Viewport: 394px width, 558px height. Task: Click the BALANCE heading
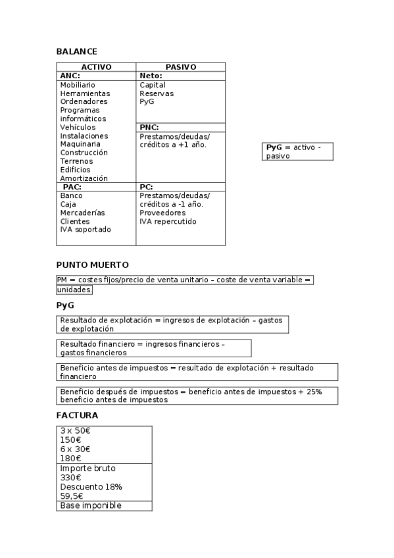[76, 51]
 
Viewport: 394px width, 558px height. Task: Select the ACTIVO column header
[96, 67]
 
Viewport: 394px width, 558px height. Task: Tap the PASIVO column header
[180, 67]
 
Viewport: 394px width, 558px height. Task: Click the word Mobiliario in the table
[78, 85]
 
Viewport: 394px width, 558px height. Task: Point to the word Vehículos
[78, 127]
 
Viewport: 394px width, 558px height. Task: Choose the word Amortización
[84, 178]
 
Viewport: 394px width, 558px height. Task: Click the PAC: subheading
[72, 187]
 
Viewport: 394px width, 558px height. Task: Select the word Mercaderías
[82, 213]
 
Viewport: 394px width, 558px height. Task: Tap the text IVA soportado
[86, 230]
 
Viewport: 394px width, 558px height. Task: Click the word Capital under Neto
[153, 85]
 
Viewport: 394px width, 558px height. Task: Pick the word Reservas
[157, 93]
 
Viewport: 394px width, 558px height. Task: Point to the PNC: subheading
[149, 127]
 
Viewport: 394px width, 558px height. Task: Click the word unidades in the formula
[74, 290]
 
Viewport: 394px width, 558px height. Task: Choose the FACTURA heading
[77, 415]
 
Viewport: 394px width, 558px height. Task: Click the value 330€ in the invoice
[70, 478]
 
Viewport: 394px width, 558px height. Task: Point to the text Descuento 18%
[91, 487]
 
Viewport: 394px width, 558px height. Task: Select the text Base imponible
[91, 505]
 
